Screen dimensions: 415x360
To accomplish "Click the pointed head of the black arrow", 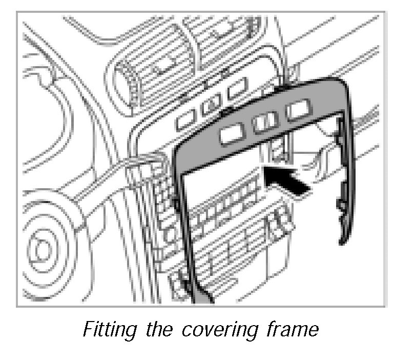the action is [x=265, y=170].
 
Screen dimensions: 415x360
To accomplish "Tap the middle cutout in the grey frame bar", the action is [x=265, y=122].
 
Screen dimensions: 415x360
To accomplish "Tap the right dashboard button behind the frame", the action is [x=237, y=93].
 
